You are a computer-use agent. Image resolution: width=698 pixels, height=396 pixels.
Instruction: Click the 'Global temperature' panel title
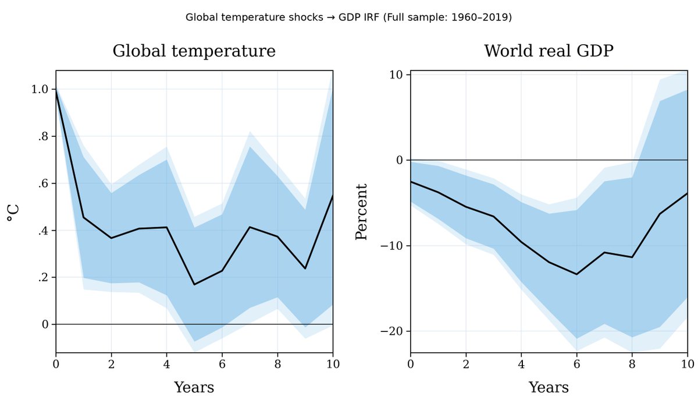[194, 51]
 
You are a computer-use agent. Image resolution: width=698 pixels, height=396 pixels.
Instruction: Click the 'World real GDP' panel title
[549, 51]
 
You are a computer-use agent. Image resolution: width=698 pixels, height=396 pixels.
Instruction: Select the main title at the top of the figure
[348, 17]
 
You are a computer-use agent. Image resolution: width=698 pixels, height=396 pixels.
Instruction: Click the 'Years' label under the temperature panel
[194, 387]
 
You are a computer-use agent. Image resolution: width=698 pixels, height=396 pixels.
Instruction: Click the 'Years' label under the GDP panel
[549, 387]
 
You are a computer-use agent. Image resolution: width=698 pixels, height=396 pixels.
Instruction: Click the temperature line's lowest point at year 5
[194, 284]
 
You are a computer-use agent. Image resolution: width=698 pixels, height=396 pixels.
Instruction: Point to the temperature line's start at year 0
[56, 89]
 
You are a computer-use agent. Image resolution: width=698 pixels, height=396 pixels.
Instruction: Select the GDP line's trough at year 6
[576, 274]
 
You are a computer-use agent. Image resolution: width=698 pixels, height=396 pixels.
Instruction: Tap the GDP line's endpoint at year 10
[688, 193]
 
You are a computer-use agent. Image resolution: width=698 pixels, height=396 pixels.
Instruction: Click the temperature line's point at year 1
[84, 217]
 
